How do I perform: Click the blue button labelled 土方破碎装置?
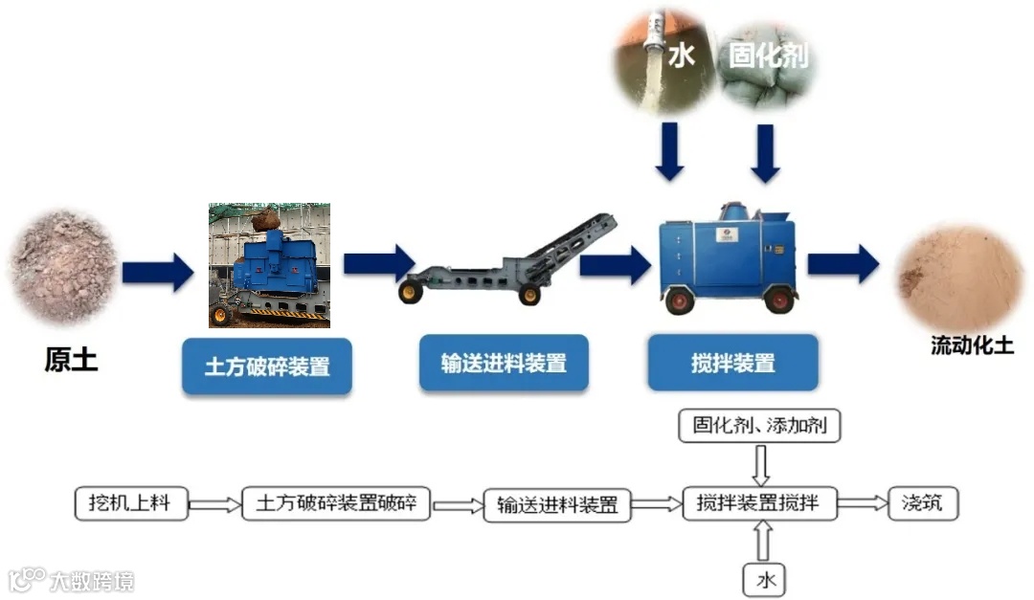[x=267, y=367]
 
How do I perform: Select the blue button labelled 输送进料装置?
[x=504, y=363]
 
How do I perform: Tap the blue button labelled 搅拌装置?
[x=732, y=363]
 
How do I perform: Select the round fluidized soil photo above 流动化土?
[x=959, y=276]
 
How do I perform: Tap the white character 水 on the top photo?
[x=681, y=56]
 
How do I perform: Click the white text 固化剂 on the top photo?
[x=768, y=56]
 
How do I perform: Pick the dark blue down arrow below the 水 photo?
[x=670, y=150]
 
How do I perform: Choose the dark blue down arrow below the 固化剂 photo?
[x=765, y=152]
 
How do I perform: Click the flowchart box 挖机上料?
[x=131, y=502]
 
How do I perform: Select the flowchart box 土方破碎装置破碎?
[x=336, y=503]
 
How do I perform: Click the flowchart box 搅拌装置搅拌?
[x=759, y=502]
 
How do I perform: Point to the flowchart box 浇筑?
[x=923, y=502]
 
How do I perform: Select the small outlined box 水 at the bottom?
[x=764, y=579]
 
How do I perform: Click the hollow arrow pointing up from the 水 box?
[x=763, y=542]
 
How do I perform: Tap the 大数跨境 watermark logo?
[x=71, y=580]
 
